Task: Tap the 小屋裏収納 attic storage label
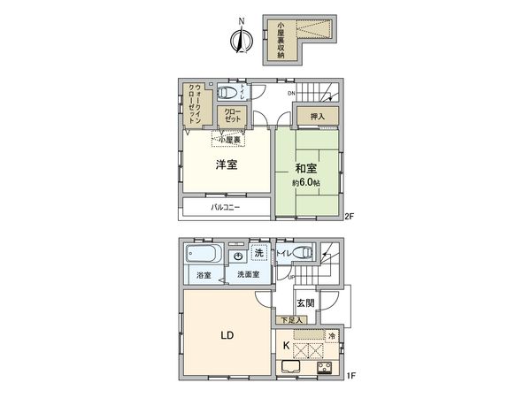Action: tap(281, 41)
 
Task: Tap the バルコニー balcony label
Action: tap(225, 208)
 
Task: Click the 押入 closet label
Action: tap(318, 116)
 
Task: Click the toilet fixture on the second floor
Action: tap(228, 91)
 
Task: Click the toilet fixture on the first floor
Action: tap(301, 253)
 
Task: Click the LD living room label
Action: tap(226, 336)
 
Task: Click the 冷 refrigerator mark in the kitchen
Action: tap(332, 336)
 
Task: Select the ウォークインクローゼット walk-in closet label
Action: tap(192, 103)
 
